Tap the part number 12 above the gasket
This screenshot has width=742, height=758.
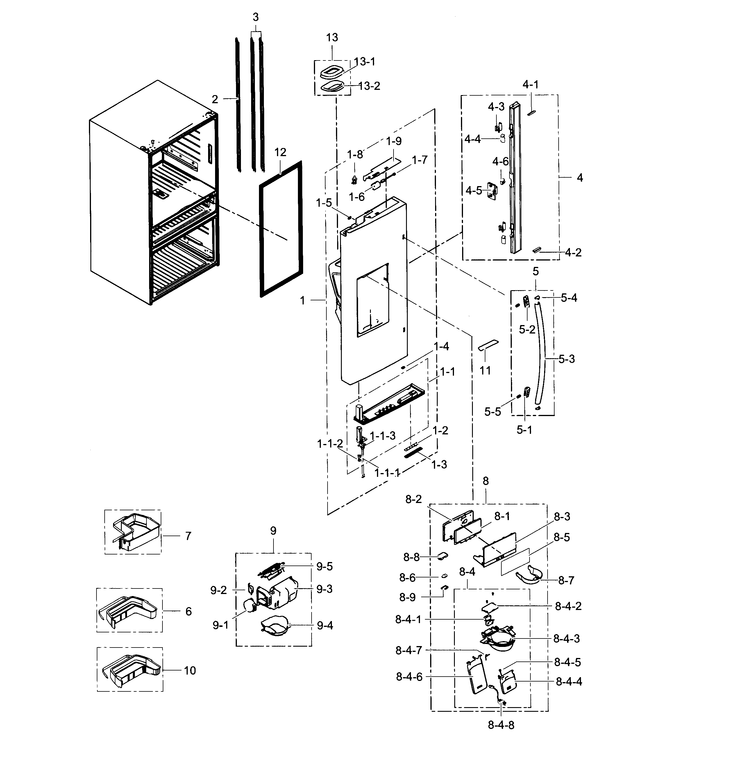pyautogui.click(x=280, y=152)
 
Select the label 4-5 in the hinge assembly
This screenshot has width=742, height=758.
pyautogui.click(x=474, y=191)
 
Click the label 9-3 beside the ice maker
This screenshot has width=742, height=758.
pyautogui.click(x=324, y=589)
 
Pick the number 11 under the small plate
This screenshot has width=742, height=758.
pyautogui.click(x=485, y=370)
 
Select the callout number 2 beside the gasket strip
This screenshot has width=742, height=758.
pyautogui.click(x=215, y=99)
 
